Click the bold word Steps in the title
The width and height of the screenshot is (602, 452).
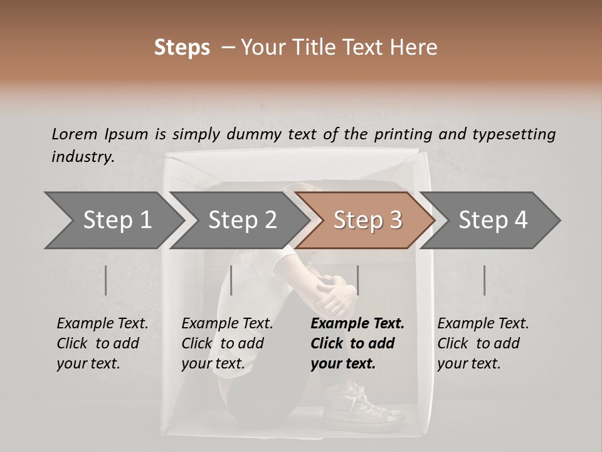(x=182, y=48)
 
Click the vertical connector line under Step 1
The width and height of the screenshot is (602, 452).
(x=105, y=280)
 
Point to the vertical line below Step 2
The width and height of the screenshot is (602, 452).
(x=231, y=280)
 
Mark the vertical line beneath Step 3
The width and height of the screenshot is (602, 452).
(x=357, y=280)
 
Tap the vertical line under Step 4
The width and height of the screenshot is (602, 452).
(x=484, y=280)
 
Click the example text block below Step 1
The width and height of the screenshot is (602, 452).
(x=102, y=343)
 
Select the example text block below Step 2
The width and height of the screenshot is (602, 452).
(x=227, y=343)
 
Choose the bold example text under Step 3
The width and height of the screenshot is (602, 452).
(x=357, y=343)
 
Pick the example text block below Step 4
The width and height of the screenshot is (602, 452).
(x=483, y=343)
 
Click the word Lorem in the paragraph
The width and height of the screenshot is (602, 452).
(x=74, y=134)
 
